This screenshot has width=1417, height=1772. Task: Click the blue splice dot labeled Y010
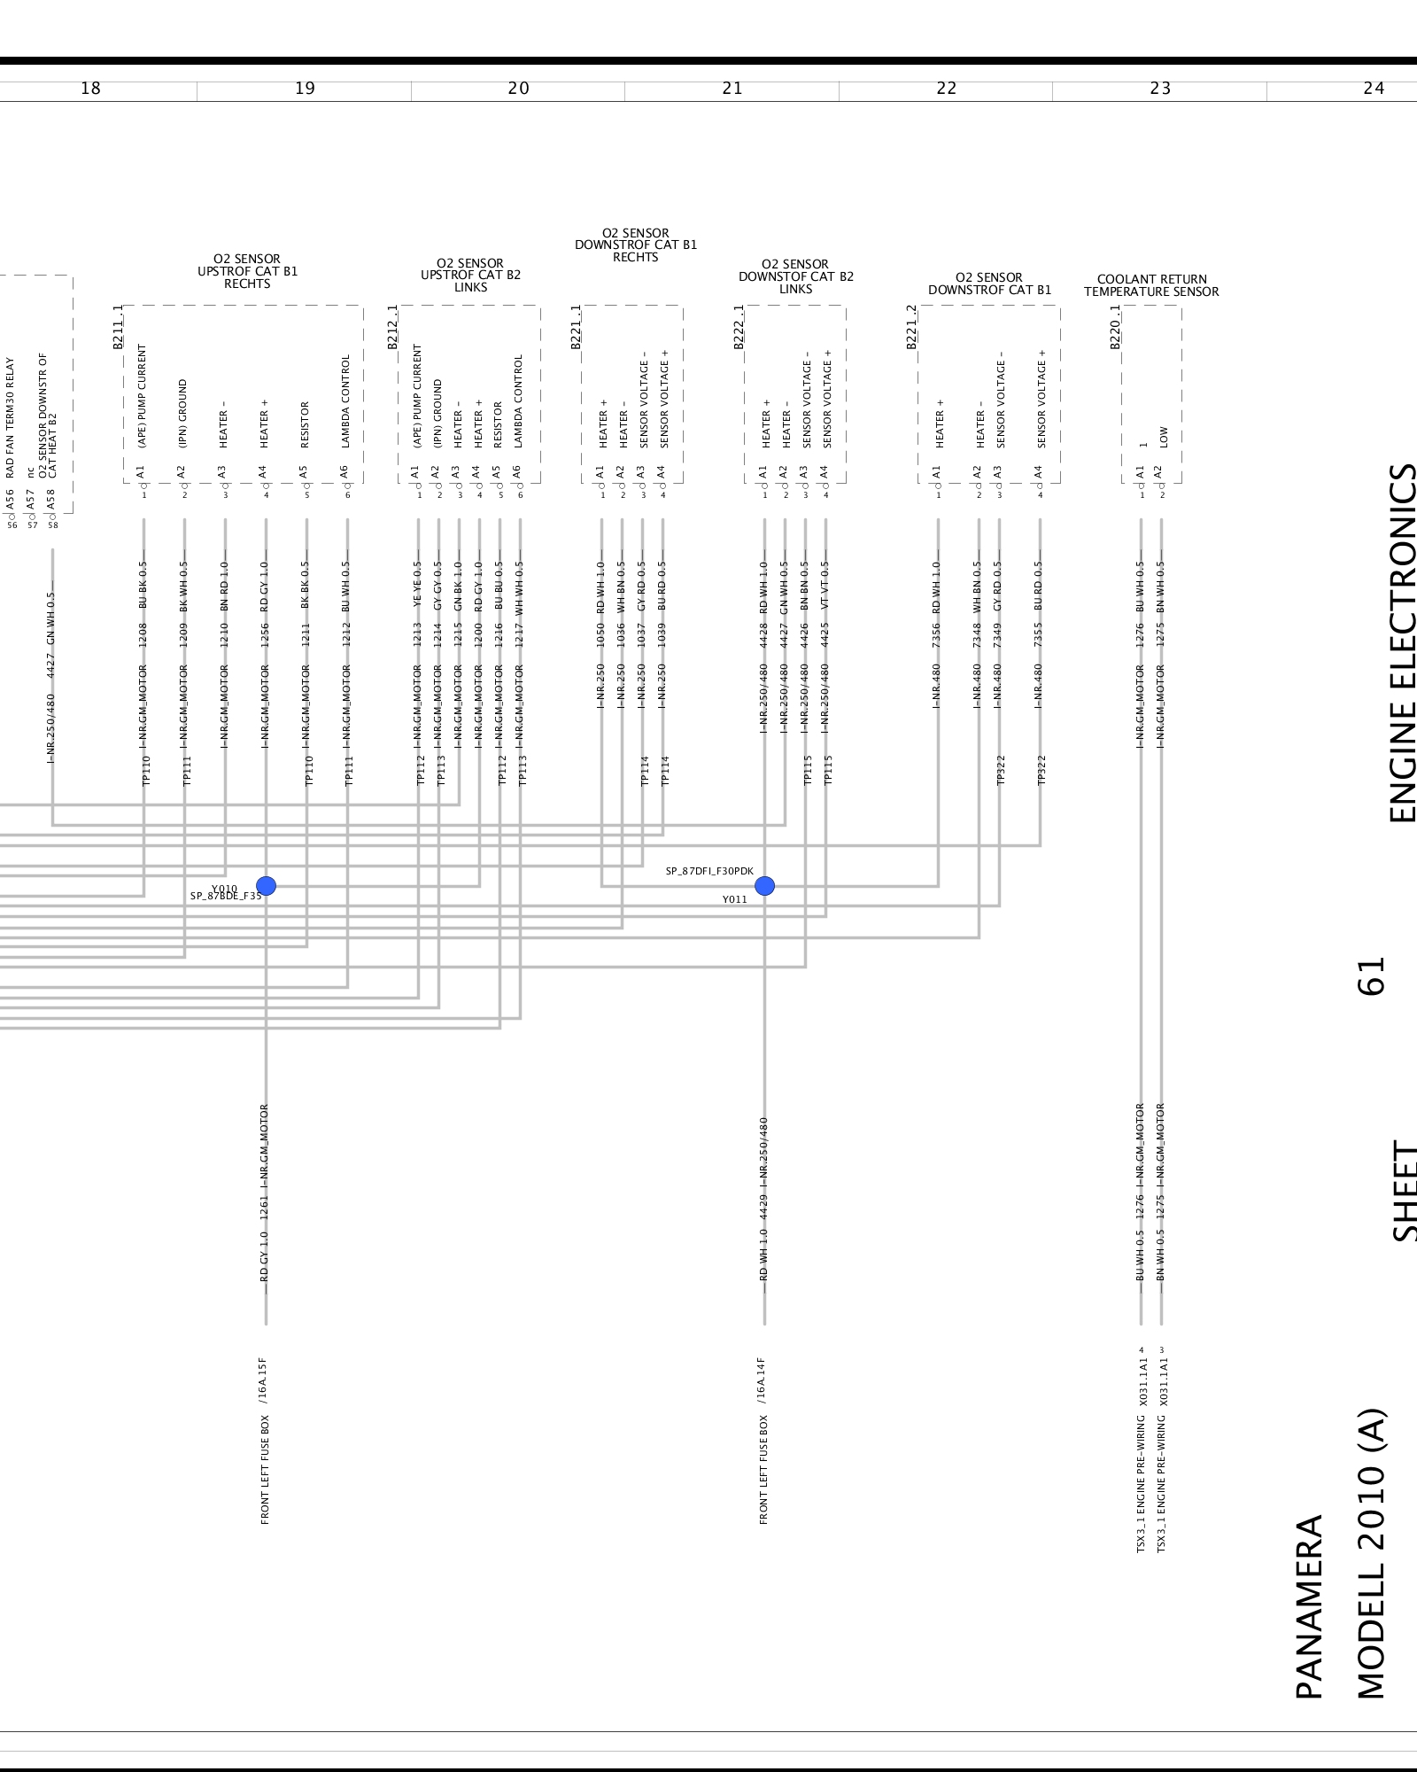(266, 885)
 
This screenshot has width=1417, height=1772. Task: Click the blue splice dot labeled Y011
(764, 885)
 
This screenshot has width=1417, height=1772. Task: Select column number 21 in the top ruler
(732, 89)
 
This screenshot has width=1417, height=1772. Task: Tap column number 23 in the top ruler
(1160, 89)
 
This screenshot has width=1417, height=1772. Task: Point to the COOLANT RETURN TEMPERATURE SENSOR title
(1151, 285)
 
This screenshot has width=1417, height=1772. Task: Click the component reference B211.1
(119, 328)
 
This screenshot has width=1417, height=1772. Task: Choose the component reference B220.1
(1116, 327)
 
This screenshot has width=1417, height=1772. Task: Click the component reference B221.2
(912, 327)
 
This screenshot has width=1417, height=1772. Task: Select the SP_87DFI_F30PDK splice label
(709, 872)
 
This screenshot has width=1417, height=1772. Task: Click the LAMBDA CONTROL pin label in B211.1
(346, 400)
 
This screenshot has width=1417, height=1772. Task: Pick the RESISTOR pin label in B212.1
(498, 424)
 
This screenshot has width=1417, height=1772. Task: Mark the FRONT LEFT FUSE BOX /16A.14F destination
(763, 1440)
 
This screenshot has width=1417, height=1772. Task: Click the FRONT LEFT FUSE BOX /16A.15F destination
(264, 1440)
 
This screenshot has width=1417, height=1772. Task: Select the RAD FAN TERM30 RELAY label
(11, 416)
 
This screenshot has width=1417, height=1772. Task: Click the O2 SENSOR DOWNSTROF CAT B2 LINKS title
(795, 276)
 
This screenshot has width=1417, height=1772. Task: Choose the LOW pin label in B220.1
(1163, 437)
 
